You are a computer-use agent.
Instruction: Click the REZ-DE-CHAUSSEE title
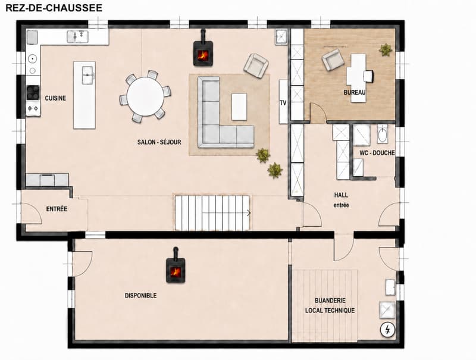(54, 8)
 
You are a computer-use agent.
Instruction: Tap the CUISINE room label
(55, 98)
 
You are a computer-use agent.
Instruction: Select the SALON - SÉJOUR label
(159, 142)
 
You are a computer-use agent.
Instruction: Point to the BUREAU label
(354, 92)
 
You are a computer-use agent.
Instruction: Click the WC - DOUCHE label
(377, 153)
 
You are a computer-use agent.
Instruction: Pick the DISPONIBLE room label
(141, 295)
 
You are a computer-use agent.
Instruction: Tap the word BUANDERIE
(330, 300)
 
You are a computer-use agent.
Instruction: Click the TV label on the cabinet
(283, 103)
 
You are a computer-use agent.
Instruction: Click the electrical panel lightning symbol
(387, 330)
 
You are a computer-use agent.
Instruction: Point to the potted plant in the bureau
(385, 50)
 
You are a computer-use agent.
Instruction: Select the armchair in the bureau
(333, 60)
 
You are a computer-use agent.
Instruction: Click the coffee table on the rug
(239, 107)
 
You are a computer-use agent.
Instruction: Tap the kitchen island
(84, 95)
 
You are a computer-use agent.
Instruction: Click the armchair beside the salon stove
(256, 65)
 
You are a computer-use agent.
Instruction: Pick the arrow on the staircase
(249, 213)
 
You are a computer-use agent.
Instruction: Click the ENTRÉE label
(57, 209)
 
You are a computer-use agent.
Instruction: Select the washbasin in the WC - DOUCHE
(382, 133)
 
